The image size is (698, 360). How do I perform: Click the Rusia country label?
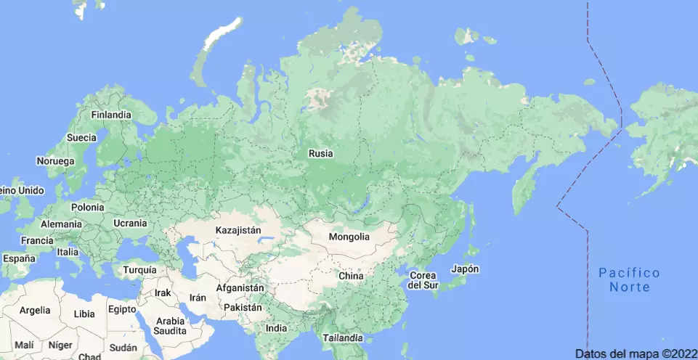pyautogui.click(x=321, y=153)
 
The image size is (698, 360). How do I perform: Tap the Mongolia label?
pyautogui.click(x=349, y=237)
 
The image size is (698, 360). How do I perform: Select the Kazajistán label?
pyautogui.click(x=238, y=230)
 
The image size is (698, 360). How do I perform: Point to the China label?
pyautogui.click(x=351, y=276)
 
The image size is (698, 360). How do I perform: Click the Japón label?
pyautogui.click(x=465, y=269)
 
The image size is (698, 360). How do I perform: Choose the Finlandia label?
pyautogui.click(x=111, y=115)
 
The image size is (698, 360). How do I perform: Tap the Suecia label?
pyautogui.click(x=81, y=137)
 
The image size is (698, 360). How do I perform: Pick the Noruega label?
pyautogui.click(x=57, y=160)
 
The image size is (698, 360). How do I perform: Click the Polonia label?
pyautogui.click(x=87, y=207)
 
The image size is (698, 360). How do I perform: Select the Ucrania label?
pyautogui.click(x=130, y=223)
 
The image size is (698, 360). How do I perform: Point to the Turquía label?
pyautogui.click(x=139, y=270)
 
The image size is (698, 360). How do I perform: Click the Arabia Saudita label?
pyautogui.click(x=170, y=326)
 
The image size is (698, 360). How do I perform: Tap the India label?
pyautogui.click(x=276, y=328)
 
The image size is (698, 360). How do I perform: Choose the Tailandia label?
pyautogui.click(x=342, y=338)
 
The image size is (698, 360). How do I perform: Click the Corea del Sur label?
pyautogui.click(x=423, y=280)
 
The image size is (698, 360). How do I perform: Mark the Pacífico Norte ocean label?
pyautogui.click(x=629, y=279)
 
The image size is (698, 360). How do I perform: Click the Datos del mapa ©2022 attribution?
pyautogui.click(x=636, y=353)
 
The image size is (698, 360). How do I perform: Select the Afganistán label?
pyautogui.click(x=240, y=288)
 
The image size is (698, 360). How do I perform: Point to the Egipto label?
pyautogui.click(x=122, y=308)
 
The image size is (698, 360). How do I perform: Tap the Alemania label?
pyautogui.click(x=61, y=224)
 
